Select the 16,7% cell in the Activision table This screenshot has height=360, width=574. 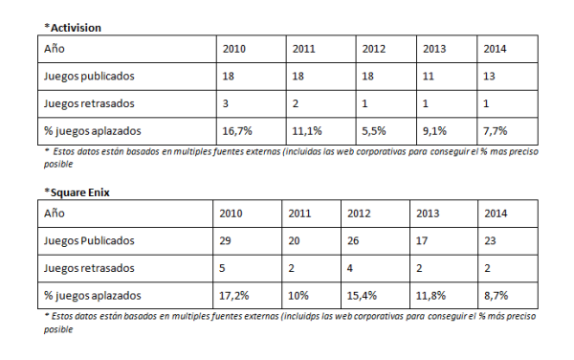click(237, 130)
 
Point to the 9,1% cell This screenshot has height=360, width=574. click(433, 130)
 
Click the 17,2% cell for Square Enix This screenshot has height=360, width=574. click(235, 295)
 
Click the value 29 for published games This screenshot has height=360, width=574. click(227, 240)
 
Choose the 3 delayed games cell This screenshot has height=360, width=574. click(226, 102)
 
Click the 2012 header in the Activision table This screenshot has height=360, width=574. click(375, 49)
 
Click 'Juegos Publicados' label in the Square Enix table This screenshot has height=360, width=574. click(85, 240)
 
